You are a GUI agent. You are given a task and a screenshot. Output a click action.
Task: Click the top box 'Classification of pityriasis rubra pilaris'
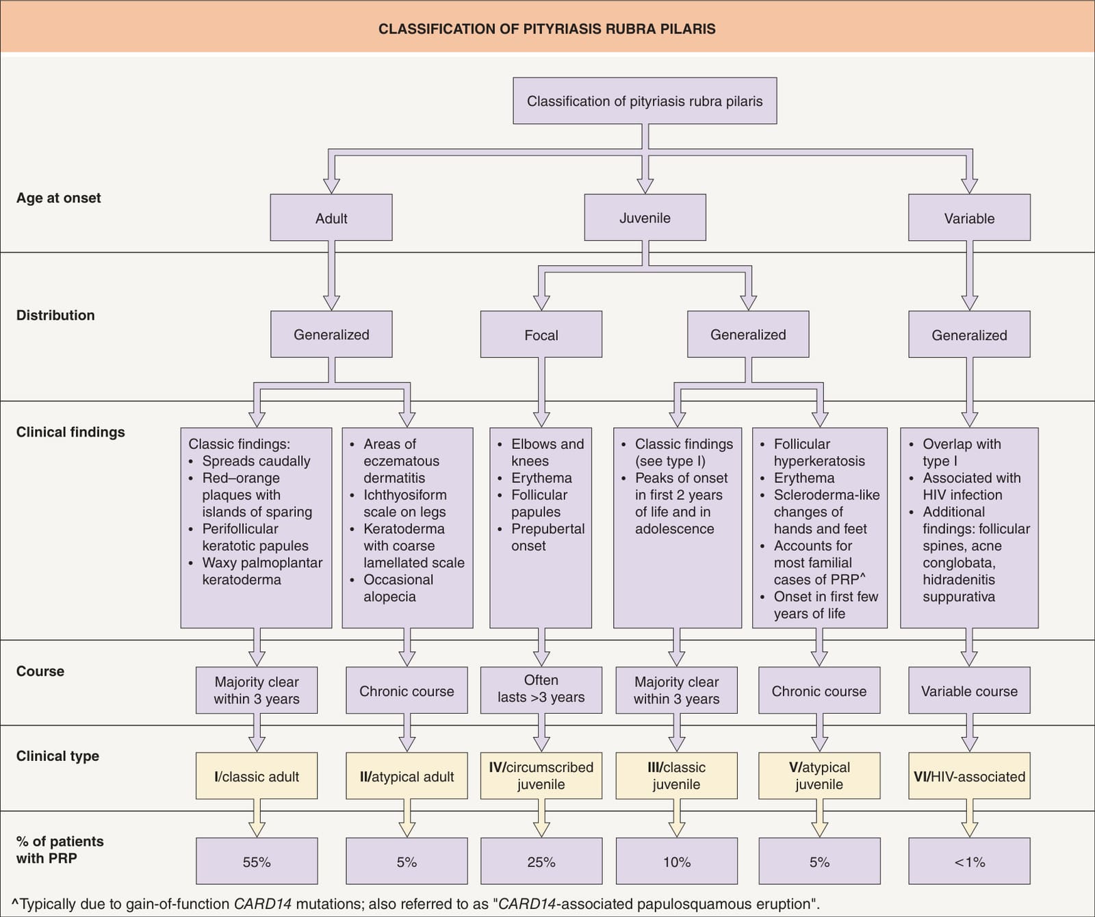pos(645,101)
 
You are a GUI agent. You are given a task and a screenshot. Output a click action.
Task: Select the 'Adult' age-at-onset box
pos(331,218)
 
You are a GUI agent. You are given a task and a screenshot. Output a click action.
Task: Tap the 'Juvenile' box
pos(645,218)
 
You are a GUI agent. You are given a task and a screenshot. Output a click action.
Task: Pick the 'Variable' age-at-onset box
pos(969,218)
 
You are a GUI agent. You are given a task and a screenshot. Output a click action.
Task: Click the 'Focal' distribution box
pos(541,335)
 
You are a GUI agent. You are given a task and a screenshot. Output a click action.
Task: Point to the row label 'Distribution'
pos(55,315)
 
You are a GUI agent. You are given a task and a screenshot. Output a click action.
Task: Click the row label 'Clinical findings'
pos(70,432)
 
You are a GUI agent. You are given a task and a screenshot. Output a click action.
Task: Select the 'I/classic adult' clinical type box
pos(257,776)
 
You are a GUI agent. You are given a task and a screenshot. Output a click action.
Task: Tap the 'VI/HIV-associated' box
pos(969,776)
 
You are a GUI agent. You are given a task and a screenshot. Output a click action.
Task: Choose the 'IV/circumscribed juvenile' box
pos(541,776)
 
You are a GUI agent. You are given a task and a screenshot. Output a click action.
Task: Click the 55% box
pos(257,862)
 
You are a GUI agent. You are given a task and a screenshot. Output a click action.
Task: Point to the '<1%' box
pos(969,862)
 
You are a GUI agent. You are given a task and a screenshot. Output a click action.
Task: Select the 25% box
pos(541,862)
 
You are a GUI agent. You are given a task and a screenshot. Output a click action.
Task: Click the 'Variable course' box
pos(969,690)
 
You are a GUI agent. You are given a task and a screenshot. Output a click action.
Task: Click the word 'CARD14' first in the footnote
pos(263,904)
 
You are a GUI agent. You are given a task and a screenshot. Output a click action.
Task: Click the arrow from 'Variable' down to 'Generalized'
pos(969,276)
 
